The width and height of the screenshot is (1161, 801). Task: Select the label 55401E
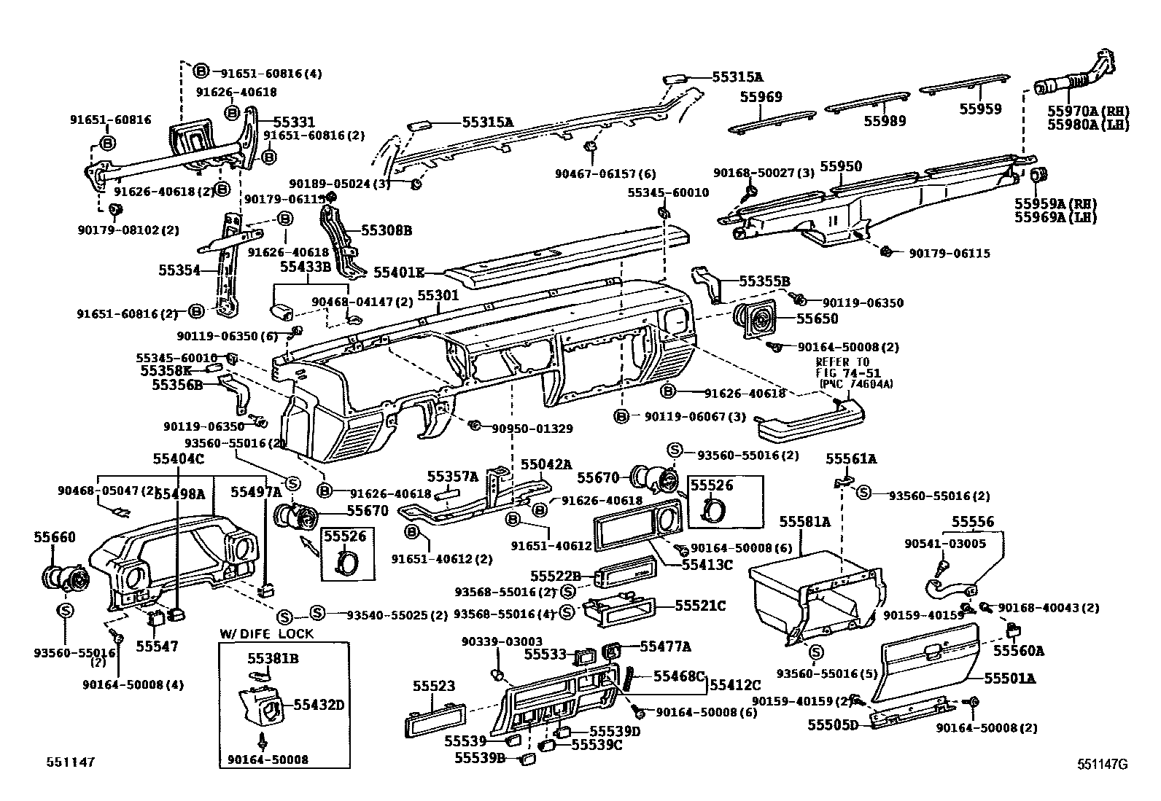coord(399,272)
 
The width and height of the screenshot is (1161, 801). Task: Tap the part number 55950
coord(840,166)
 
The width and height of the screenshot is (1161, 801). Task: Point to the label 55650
coord(817,319)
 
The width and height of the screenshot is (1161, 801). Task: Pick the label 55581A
coord(805,522)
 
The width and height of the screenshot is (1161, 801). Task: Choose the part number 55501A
coord(1010,679)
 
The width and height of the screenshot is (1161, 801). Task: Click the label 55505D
coord(833,724)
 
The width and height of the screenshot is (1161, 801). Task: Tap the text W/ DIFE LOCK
coord(266,633)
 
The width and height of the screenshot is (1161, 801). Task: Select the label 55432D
coord(319,705)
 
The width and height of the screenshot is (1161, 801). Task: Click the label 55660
coord(54,537)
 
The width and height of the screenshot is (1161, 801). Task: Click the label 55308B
coord(387,230)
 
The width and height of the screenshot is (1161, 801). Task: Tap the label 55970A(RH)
coord(1087,111)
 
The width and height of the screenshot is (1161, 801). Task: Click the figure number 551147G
coord(1103,764)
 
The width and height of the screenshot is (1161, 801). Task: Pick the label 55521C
coord(700,605)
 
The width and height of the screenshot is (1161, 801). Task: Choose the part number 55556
coord(973,522)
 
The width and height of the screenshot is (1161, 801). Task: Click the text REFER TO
coord(842,362)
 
